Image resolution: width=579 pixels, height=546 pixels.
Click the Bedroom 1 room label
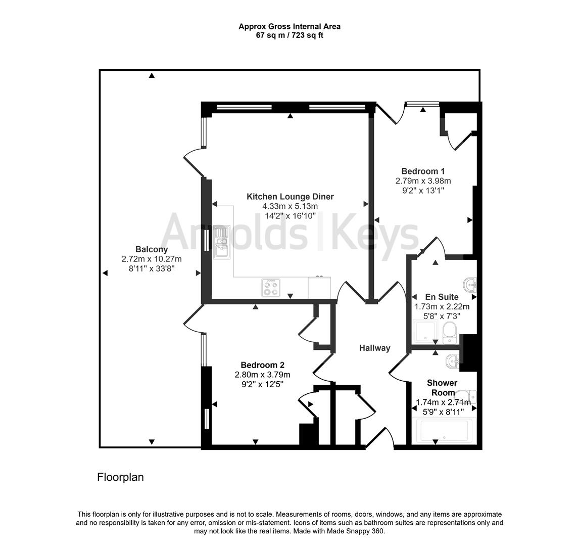pyautogui.click(x=423, y=171)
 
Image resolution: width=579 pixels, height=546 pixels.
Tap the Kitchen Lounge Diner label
pyautogui.click(x=290, y=197)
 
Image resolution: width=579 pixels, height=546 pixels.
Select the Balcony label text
pyautogui.click(x=151, y=249)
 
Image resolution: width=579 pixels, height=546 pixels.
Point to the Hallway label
pyautogui.click(x=374, y=348)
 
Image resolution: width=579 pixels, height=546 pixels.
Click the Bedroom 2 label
pyautogui.click(x=262, y=365)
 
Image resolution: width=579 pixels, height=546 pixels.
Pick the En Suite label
pyautogui.click(x=442, y=297)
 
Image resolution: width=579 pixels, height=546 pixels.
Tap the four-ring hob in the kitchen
pyautogui.click(x=271, y=288)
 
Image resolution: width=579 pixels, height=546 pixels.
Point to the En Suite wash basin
pyautogui.click(x=469, y=284)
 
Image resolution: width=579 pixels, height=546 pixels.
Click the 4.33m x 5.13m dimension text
pyautogui.click(x=290, y=206)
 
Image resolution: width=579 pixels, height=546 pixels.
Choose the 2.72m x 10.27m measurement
pyautogui.click(x=151, y=259)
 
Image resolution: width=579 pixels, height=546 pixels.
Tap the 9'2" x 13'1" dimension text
pyautogui.click(x=423, y=190)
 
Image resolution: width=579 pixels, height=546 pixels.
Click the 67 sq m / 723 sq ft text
pyautogui.click(x=289, y=35)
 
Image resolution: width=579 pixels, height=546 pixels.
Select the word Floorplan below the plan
pyautogui.click(x=120, y=477)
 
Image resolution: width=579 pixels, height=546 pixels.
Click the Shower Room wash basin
pyautogui.click(x=453, y=361)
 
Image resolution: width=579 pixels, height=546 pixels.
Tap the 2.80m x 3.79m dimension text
pyautogui.click(x=262, y=375)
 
